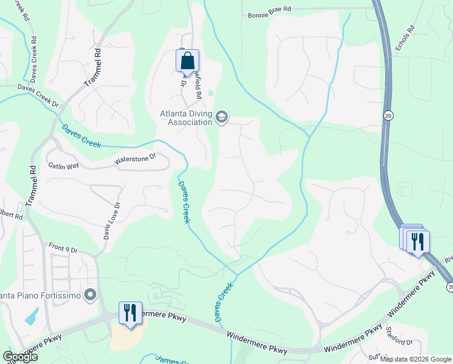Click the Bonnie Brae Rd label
(269, 10)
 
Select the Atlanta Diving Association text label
(186, 117)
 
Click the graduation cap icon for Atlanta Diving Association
(222, 116)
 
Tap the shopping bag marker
(187, 61)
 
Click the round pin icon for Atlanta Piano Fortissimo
(91, 295)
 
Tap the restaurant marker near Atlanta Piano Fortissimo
(130, 313)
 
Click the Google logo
(19, 356)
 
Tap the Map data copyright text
(415, 359)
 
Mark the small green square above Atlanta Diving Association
(211, 93)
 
